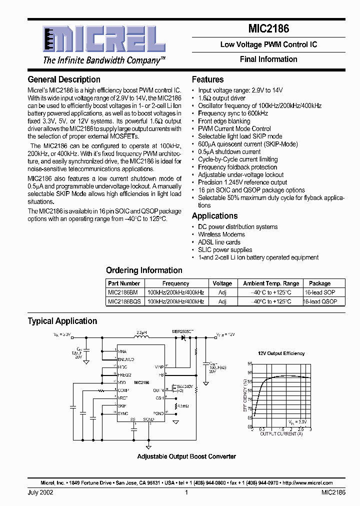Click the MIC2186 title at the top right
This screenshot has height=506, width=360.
(268, 29)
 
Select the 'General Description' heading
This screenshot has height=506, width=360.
(64, 79)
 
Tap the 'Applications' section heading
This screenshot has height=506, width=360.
(214, 216)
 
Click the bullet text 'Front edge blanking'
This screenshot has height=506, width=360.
(224, 121)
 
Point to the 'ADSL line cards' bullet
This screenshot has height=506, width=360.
(219, 242)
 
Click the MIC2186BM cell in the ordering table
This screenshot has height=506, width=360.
(120, 292)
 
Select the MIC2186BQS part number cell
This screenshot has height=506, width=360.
(124, 301)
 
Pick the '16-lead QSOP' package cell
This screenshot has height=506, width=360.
(320, 301)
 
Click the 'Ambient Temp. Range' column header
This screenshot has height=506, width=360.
(271, 283)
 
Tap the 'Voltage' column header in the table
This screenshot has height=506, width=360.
(222, 283)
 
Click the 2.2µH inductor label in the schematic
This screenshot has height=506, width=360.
(141, 332)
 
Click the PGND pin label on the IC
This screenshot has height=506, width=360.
(158, 413)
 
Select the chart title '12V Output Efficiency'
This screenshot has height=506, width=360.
(281, 353)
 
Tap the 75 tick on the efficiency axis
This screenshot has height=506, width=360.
(250, 400)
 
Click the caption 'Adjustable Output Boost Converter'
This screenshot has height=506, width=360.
(186, 456)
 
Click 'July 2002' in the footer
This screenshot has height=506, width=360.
(40, 492)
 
